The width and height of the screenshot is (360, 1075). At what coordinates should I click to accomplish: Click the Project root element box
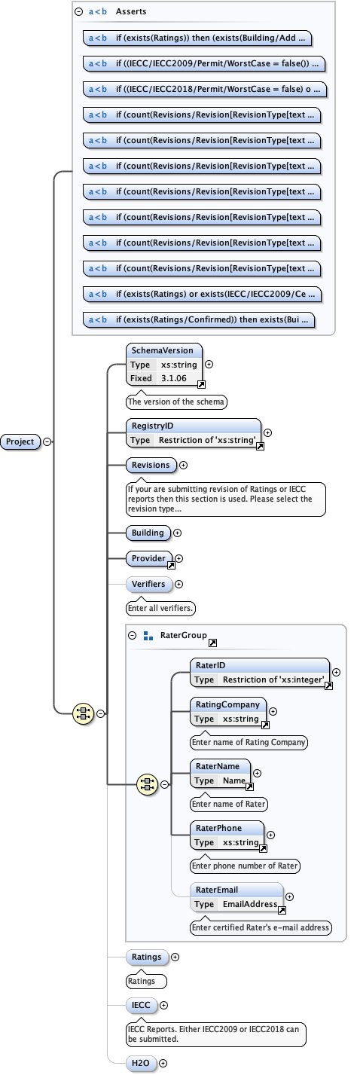pos(20,441)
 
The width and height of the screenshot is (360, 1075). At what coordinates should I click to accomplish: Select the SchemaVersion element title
pos(162,350)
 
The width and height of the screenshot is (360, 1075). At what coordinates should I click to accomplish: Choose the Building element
pos(148,533)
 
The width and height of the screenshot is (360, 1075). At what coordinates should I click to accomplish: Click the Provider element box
pos(150,558)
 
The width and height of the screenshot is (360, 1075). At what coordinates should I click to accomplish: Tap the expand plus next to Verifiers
pos(178,584)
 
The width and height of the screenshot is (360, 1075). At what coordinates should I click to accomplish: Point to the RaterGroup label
pos(183,635)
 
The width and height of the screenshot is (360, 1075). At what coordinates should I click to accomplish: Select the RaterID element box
pos(259,672)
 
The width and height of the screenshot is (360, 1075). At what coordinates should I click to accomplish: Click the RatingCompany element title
pos(227,704)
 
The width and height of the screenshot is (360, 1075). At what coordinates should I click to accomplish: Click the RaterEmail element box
pos(236,896)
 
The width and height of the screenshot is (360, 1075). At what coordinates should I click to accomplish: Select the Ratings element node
pos(146,957)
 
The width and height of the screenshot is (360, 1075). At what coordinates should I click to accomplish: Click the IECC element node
pos(141,1005)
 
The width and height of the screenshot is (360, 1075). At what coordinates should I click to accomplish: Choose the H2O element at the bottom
pos(142,1064)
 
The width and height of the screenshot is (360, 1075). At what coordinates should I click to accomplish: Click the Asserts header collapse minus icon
pos(79,12)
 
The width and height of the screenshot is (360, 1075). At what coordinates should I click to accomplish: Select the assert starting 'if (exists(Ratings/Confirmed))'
pos(199,319)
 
